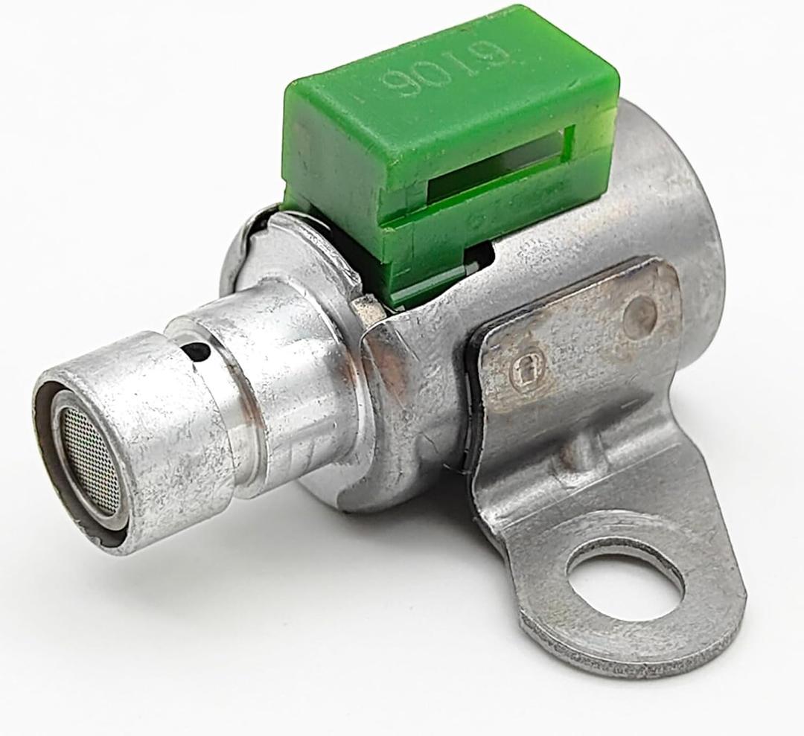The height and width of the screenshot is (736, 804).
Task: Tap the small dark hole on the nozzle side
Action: [196, 350]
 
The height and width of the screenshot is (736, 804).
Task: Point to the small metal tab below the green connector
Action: [366, 304]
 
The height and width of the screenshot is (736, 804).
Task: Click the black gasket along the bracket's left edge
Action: [476, 417]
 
